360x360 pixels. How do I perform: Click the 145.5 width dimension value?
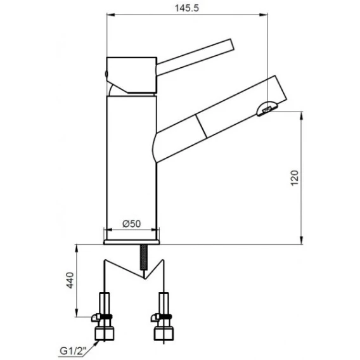(187, 8)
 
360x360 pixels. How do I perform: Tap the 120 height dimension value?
(295, 178)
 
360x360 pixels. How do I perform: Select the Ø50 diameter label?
(132, 224)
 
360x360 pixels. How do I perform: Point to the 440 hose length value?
(70, 280)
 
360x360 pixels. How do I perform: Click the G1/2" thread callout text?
(73, 351)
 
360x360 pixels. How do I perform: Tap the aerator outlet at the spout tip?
(267, 109)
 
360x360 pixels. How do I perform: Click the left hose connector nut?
(104, 334)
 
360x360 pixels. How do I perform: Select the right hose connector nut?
(164, 334)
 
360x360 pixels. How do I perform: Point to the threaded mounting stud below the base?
(144, 257)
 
